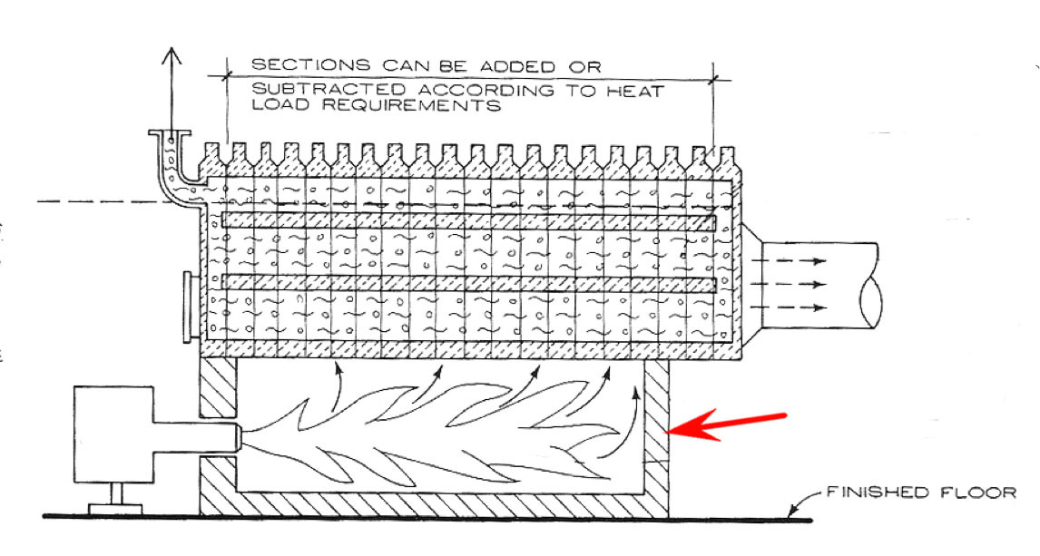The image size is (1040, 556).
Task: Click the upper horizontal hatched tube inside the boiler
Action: click(x=468, y=220)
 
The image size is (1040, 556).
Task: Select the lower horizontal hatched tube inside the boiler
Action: click(x=468, y=283)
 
